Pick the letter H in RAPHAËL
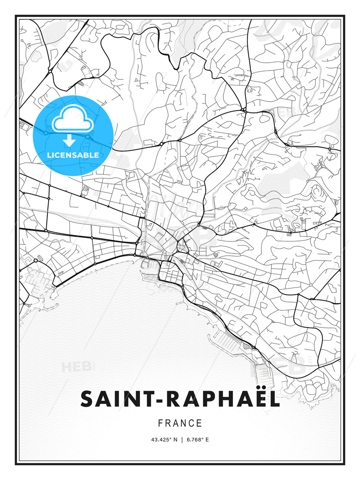pyautogui.click(x=221, y=399)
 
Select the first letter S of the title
pyautogui.click(x=87, y=399)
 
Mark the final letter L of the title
pyautogui.click(x=274, y=399)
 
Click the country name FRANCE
pyautogui.click(x=180, y=423)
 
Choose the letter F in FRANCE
pyautogui.click(x=160, y=423)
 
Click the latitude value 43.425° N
pyautogui.click(x=164, y=440)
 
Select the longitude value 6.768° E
pyautogui.click(x=198, y=440)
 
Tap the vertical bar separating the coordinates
pyautogui.click(x=182, y=440)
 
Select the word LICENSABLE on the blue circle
pyautogui.click(x=73, y=155)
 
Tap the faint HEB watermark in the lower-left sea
pyautogui.click(x=76, y=367)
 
